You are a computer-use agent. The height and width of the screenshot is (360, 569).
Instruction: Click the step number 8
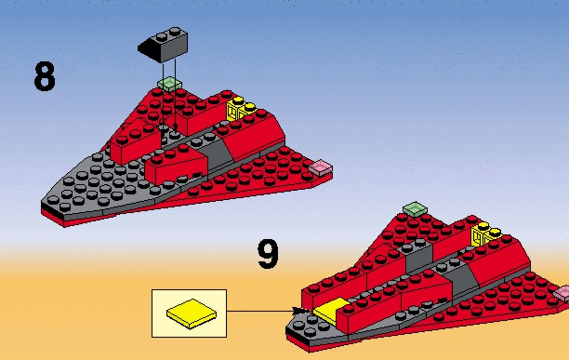click(x=45, y=76)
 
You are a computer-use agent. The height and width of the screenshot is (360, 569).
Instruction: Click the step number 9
click(x=268, y=254)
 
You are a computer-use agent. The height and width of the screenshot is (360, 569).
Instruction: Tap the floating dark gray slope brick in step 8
click(x=164, y=45)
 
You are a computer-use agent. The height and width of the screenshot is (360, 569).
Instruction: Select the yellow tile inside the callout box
click(x=192, y=313)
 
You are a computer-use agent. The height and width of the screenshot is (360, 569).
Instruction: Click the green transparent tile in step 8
click(x=170, y=84)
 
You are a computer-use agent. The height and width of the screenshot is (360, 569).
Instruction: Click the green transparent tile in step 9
click(x=416, y=209)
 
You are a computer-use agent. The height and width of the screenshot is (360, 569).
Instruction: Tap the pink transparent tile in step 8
click(x=321, y=167)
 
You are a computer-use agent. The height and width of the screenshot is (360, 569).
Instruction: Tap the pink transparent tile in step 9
click(x=561, y=293)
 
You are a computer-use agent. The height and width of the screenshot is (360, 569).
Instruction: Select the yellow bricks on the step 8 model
click(x=240, y=108)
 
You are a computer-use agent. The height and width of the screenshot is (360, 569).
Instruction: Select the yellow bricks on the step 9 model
click(x=485, y=233)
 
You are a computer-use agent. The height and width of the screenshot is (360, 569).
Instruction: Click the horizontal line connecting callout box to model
click(x=260, y=311)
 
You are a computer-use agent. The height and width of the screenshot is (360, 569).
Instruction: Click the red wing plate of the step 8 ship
click(x=254, y=174)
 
